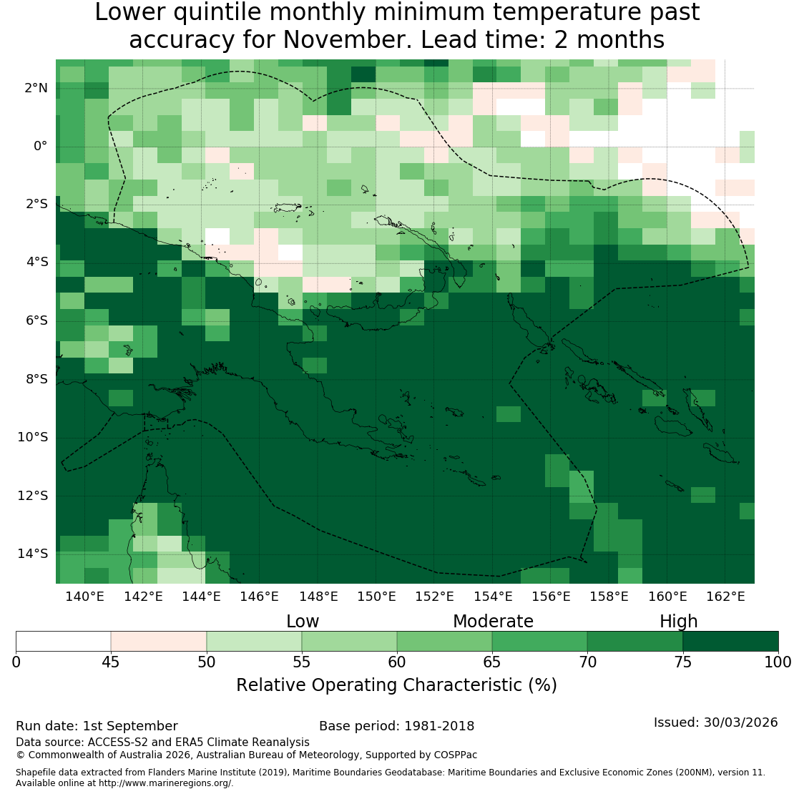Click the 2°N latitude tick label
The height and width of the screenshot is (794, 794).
[x=36, y=88]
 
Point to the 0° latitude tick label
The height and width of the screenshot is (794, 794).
[x=41, y=147]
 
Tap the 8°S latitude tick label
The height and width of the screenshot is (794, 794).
[x=36, y=379]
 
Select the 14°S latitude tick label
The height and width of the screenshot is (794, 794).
[x=33, y=554]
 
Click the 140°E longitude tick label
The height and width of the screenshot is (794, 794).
[x=84, y=597]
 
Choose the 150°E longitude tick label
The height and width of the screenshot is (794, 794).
[x=376, y=597]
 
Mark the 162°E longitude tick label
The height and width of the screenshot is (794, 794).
[x=725, y=597]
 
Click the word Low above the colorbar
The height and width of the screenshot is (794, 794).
[x=303, y=622]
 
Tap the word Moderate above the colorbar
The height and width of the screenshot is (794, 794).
[x=493, y=622]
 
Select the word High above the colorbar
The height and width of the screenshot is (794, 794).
[x=679, y=622]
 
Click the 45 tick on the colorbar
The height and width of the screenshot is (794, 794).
[x=111, y=662]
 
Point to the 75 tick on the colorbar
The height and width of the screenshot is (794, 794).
[x=683, y=662]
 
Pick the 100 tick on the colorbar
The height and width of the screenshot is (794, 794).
[x=778, y=662]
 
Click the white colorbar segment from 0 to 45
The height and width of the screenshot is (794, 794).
[x=63, y=641]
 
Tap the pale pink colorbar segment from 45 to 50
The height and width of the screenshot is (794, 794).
[x=159, y=641]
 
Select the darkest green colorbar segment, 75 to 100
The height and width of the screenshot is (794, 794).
[x=731, y=641]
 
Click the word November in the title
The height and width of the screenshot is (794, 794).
[x=346, y=39]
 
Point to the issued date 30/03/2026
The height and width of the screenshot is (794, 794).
[x=740, y=722]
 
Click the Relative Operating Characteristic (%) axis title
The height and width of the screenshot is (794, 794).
[x=396, y=685]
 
